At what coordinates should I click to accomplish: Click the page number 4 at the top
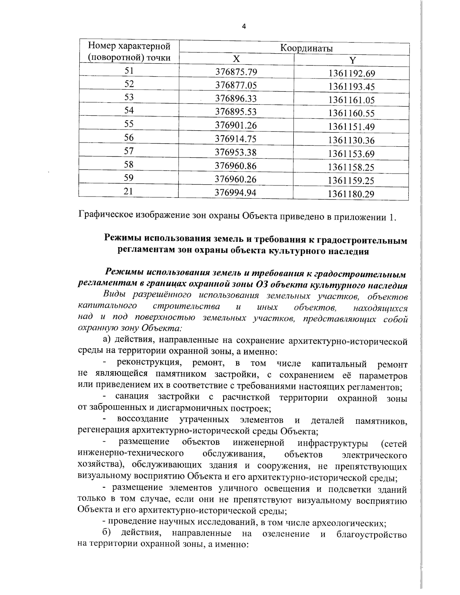[244, 26]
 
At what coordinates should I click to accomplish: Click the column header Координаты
[306, 49]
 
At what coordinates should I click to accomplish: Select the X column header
[237, 59]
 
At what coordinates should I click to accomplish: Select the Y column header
[352, 60]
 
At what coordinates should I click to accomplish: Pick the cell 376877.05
[236, 85]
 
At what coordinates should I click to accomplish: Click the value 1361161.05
[351, 100]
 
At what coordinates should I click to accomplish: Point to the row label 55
[129, 124]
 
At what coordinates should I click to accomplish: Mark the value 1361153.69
[351, 154]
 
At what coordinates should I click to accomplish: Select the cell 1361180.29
[351, 194]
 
